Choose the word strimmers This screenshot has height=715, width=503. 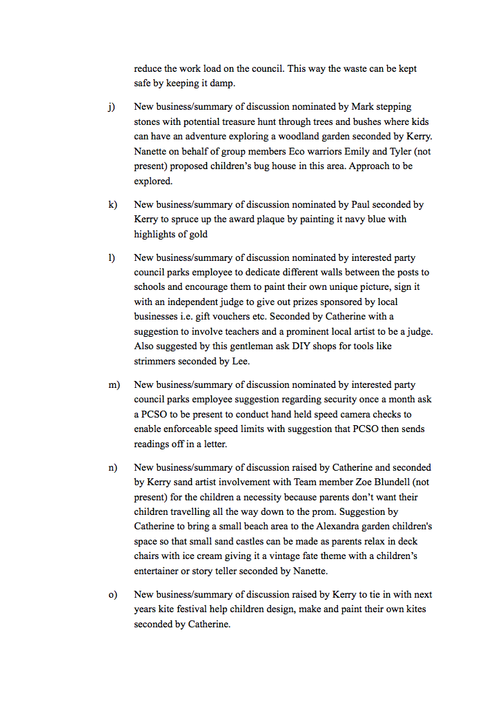point(157,361)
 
